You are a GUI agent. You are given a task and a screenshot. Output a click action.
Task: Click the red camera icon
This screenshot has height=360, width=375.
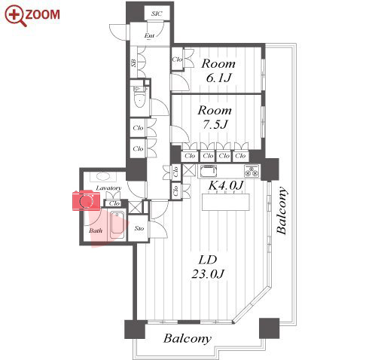(87, 200)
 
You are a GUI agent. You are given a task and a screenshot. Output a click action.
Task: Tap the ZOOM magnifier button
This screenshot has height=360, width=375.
(32, 15)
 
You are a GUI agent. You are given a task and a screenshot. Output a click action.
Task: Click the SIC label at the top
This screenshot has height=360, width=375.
(157, 14)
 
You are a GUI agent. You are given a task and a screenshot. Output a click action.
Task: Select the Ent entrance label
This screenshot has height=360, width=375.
(149, 35)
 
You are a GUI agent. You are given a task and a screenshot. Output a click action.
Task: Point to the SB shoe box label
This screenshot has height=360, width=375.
(133, 63)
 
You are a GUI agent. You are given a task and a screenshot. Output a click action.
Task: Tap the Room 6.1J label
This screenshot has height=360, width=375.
(218, 71)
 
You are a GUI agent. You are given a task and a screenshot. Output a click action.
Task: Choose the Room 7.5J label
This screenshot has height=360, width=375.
(215, 117)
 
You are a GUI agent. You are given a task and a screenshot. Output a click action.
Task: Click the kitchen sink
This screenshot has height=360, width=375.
(209, 171)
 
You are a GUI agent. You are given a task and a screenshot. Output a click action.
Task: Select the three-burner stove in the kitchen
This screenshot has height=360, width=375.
(252, 171)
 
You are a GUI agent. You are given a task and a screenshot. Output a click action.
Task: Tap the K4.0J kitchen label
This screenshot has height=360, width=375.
(226, 185)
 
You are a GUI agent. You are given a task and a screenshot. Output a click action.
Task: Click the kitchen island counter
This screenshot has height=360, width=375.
(226, 202)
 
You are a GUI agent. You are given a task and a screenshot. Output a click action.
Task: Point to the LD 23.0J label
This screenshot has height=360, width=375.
(208, 267)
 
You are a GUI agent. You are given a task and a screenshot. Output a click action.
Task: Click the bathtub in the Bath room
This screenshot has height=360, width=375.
(117, 224)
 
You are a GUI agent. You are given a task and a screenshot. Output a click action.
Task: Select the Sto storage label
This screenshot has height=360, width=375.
(139, 228)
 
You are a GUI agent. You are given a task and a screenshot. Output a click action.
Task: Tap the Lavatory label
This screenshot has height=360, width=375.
(108, 188)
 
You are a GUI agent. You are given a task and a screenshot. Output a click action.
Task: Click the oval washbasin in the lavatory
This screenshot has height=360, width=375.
(103, 176)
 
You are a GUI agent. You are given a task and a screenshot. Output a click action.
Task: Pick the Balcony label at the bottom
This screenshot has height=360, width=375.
(187, 338)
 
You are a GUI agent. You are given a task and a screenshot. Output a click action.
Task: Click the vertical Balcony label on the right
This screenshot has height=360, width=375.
(282, 210)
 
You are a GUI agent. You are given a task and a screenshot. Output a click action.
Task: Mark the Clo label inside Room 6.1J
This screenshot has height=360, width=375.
(177, 59)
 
